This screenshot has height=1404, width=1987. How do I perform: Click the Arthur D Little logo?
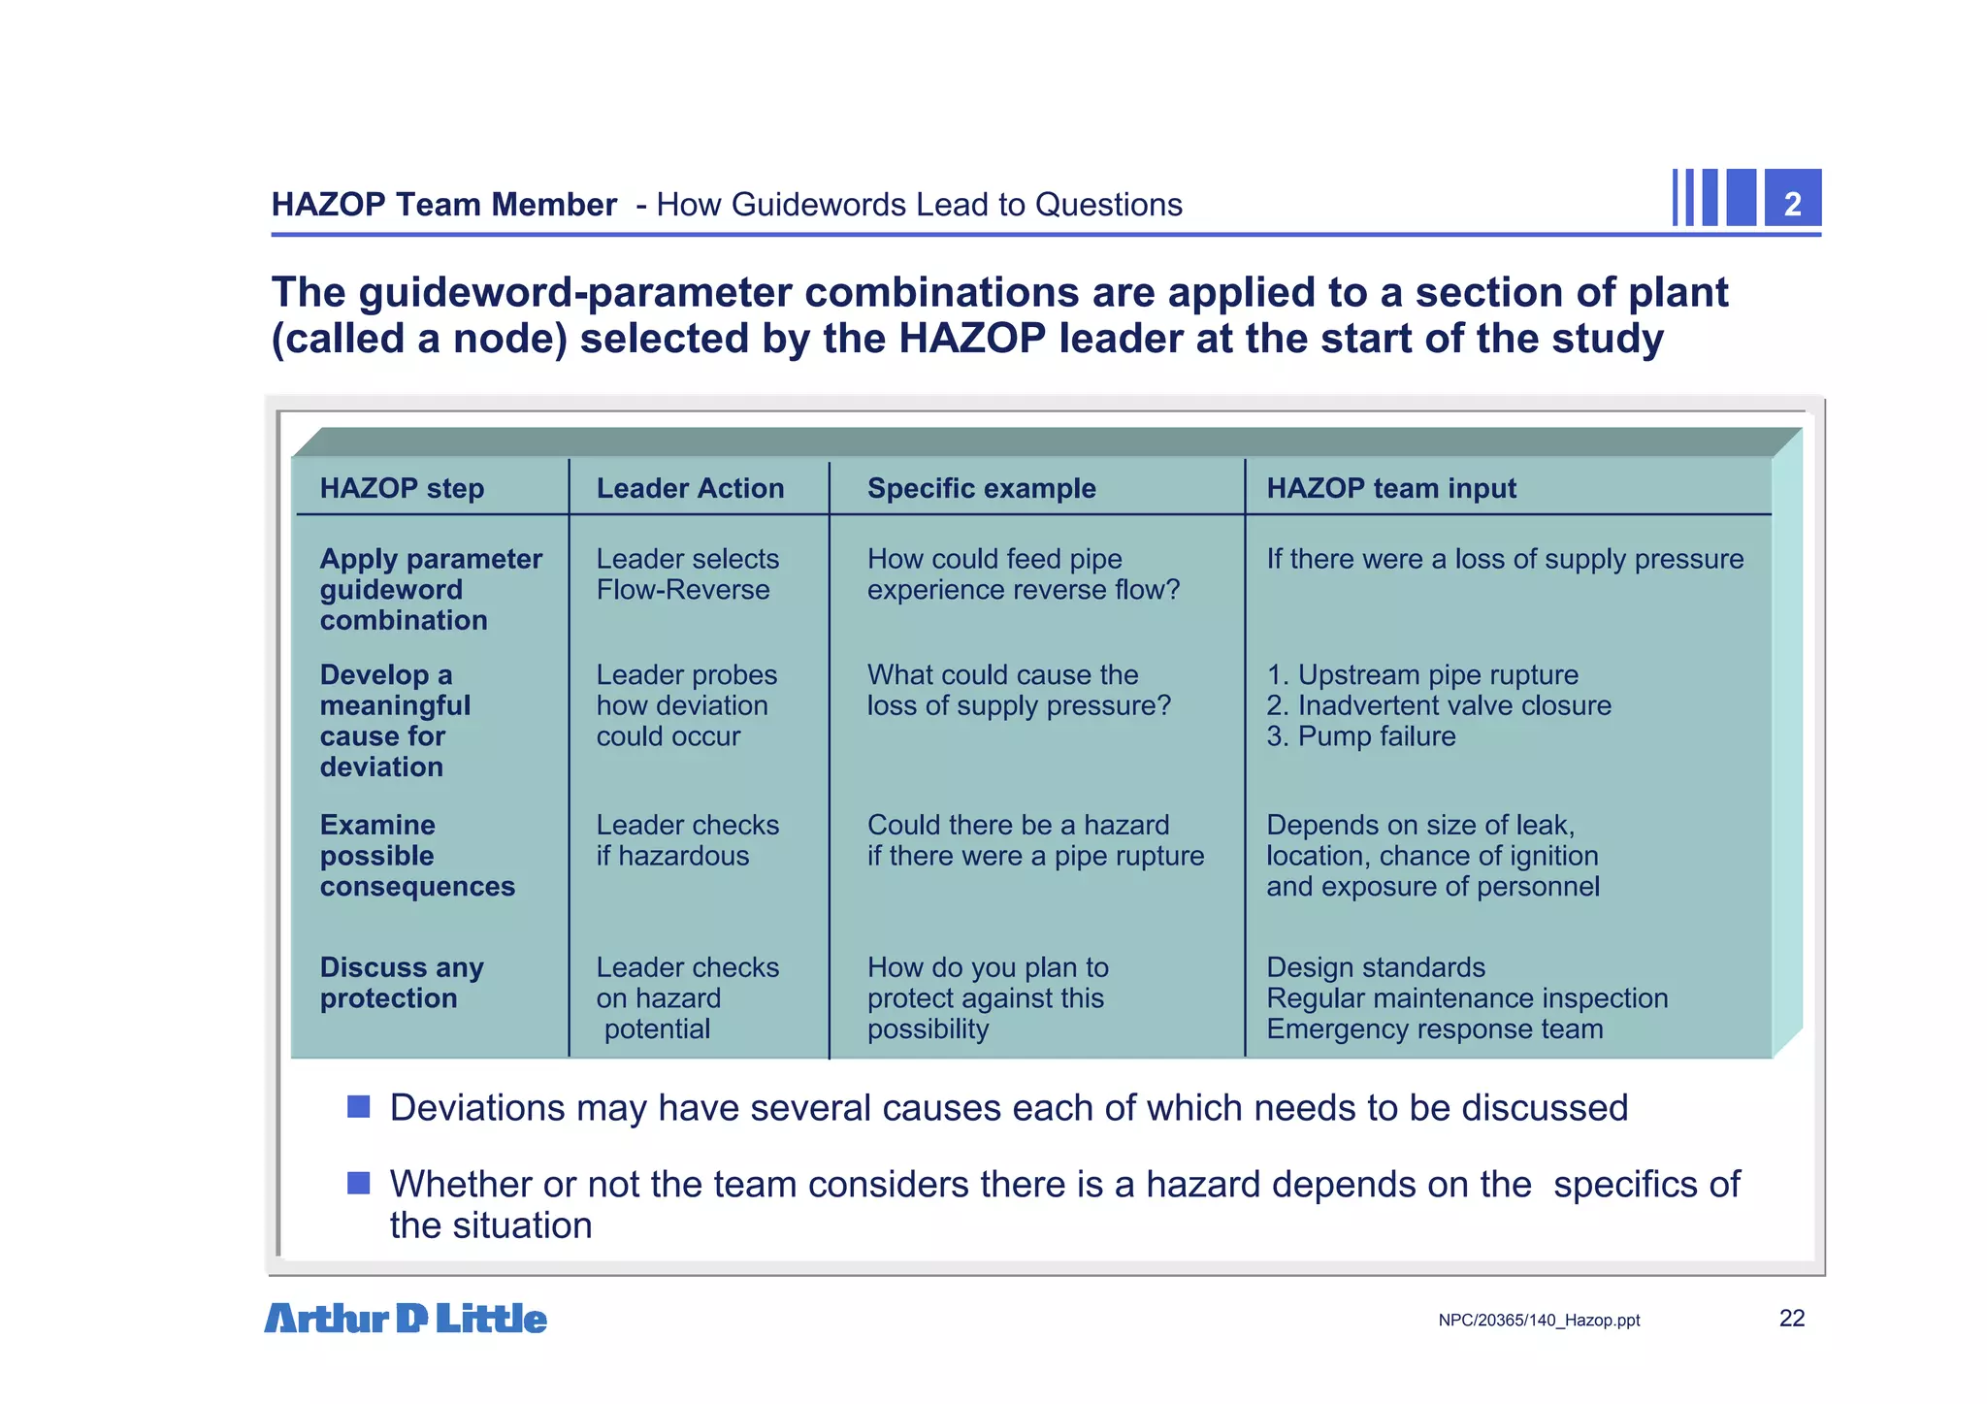coord(406,1319)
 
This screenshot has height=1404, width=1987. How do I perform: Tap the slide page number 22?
coord(1791,1318)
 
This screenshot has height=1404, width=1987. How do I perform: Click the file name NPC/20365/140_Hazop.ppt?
coord(1539,1321)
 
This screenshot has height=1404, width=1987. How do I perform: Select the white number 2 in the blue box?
coord(1792,204)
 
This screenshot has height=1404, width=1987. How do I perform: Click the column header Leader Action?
coord(690,488)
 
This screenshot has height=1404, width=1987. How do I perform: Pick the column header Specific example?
coord(981,488)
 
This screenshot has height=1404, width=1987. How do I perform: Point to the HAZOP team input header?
coord(1390,488)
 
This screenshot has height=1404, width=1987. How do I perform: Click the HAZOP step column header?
coord(402,488)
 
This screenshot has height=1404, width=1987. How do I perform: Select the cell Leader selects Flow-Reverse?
coord(687,574)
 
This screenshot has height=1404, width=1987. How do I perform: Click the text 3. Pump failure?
coord(1360,736)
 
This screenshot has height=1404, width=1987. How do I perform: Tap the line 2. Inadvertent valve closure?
coord(1438,705)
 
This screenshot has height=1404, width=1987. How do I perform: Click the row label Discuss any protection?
coord(402,983)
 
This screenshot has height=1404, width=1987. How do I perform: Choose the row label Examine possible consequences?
coord(417,856)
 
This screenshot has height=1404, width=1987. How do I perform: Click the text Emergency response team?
coord(1434,1029)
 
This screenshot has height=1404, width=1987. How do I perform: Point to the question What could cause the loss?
coord(1018,690)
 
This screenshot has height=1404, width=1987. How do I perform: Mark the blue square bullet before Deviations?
coord(359,1107)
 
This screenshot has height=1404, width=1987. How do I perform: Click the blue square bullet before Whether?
coord(359,1184)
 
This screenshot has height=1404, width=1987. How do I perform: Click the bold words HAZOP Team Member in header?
coord(443,205)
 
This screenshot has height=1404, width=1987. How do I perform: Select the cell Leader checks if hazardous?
coord(687,840)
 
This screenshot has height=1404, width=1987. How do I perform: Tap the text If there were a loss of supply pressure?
coord(1504,559)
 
